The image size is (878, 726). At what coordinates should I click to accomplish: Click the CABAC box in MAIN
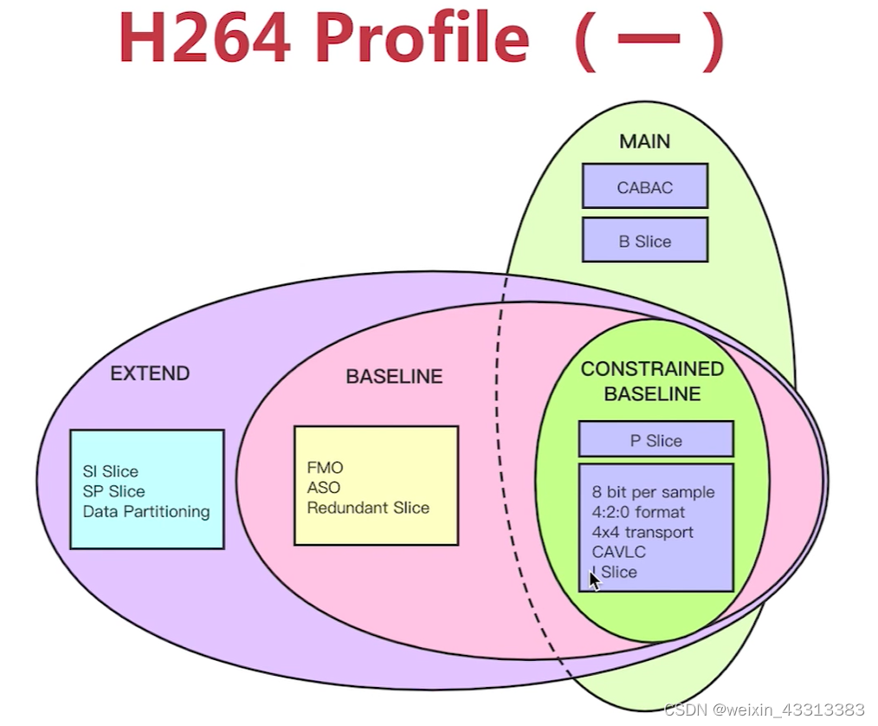(x=644, y=187)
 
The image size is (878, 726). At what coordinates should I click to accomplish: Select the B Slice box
(x=644, y=242)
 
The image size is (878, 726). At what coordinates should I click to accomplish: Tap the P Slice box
(x=655, y=441)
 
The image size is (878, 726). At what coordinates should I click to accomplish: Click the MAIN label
(x=644, y=141)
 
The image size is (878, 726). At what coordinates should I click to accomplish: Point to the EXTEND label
(x=150, y=374)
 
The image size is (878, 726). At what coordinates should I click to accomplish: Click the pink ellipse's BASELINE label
(x=394, y=377)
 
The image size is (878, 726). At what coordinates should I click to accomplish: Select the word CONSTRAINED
(x=652, y=369)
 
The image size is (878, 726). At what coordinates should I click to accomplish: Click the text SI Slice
(x=110, y=471)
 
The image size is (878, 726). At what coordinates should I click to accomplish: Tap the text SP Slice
(x=113, y=491)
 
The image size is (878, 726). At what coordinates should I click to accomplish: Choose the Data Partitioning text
(x=146, y=511)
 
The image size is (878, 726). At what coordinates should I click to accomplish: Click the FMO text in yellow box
(x=325, y=468)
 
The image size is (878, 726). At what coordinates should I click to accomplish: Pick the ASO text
(x=323, y=488)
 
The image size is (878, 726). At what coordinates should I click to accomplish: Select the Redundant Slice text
(x=368, y=508)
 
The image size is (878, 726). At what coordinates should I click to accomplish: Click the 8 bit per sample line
(x=653, y=492)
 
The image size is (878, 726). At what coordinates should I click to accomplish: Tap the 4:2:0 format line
(x=638, y=512)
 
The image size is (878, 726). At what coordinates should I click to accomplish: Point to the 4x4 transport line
(x=642, y=532)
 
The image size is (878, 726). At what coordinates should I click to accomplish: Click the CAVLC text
(x=618, y=552)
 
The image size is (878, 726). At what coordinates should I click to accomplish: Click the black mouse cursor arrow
(x=594, y=579)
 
